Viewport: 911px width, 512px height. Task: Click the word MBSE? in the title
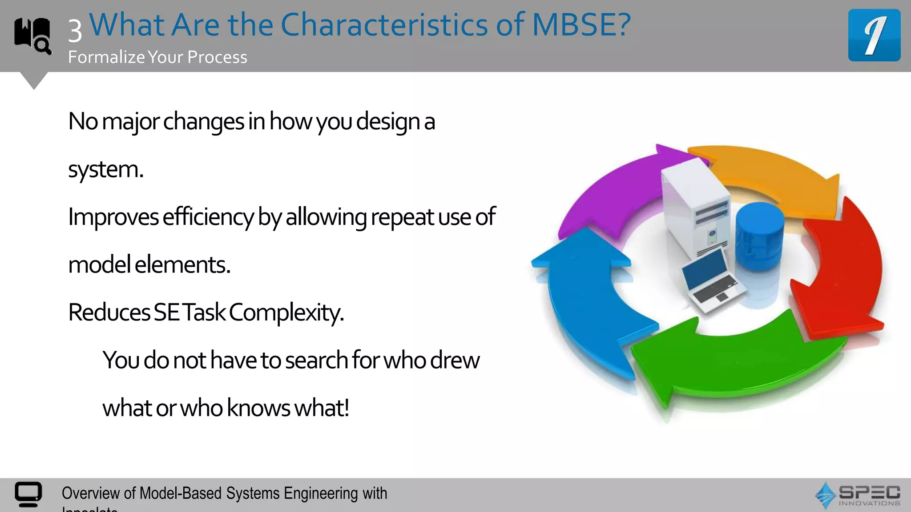581,25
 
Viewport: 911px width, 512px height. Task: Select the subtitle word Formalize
107,57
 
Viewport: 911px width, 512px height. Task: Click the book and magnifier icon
32,36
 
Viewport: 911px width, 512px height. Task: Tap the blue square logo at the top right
874,35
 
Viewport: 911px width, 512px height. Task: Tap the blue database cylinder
759,236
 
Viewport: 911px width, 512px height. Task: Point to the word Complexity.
286,312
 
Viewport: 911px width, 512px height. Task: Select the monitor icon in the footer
28,494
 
